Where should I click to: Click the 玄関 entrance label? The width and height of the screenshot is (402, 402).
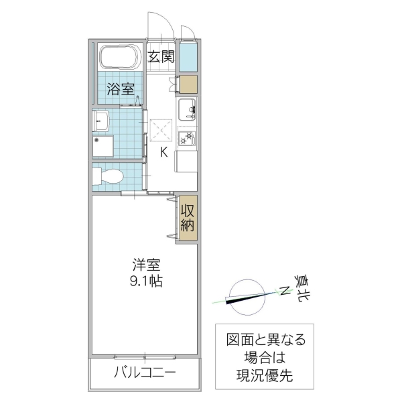(160, 56)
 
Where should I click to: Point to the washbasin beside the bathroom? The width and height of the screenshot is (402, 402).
(102, 122)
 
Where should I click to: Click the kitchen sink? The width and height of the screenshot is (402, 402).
(186, 108)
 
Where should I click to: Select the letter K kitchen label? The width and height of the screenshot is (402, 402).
(163, 151)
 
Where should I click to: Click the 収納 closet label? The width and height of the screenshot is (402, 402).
(188, 216)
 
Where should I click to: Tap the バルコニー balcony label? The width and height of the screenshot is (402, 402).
(144, 373)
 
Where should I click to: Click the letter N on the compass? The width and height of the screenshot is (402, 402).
(284, 290)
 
